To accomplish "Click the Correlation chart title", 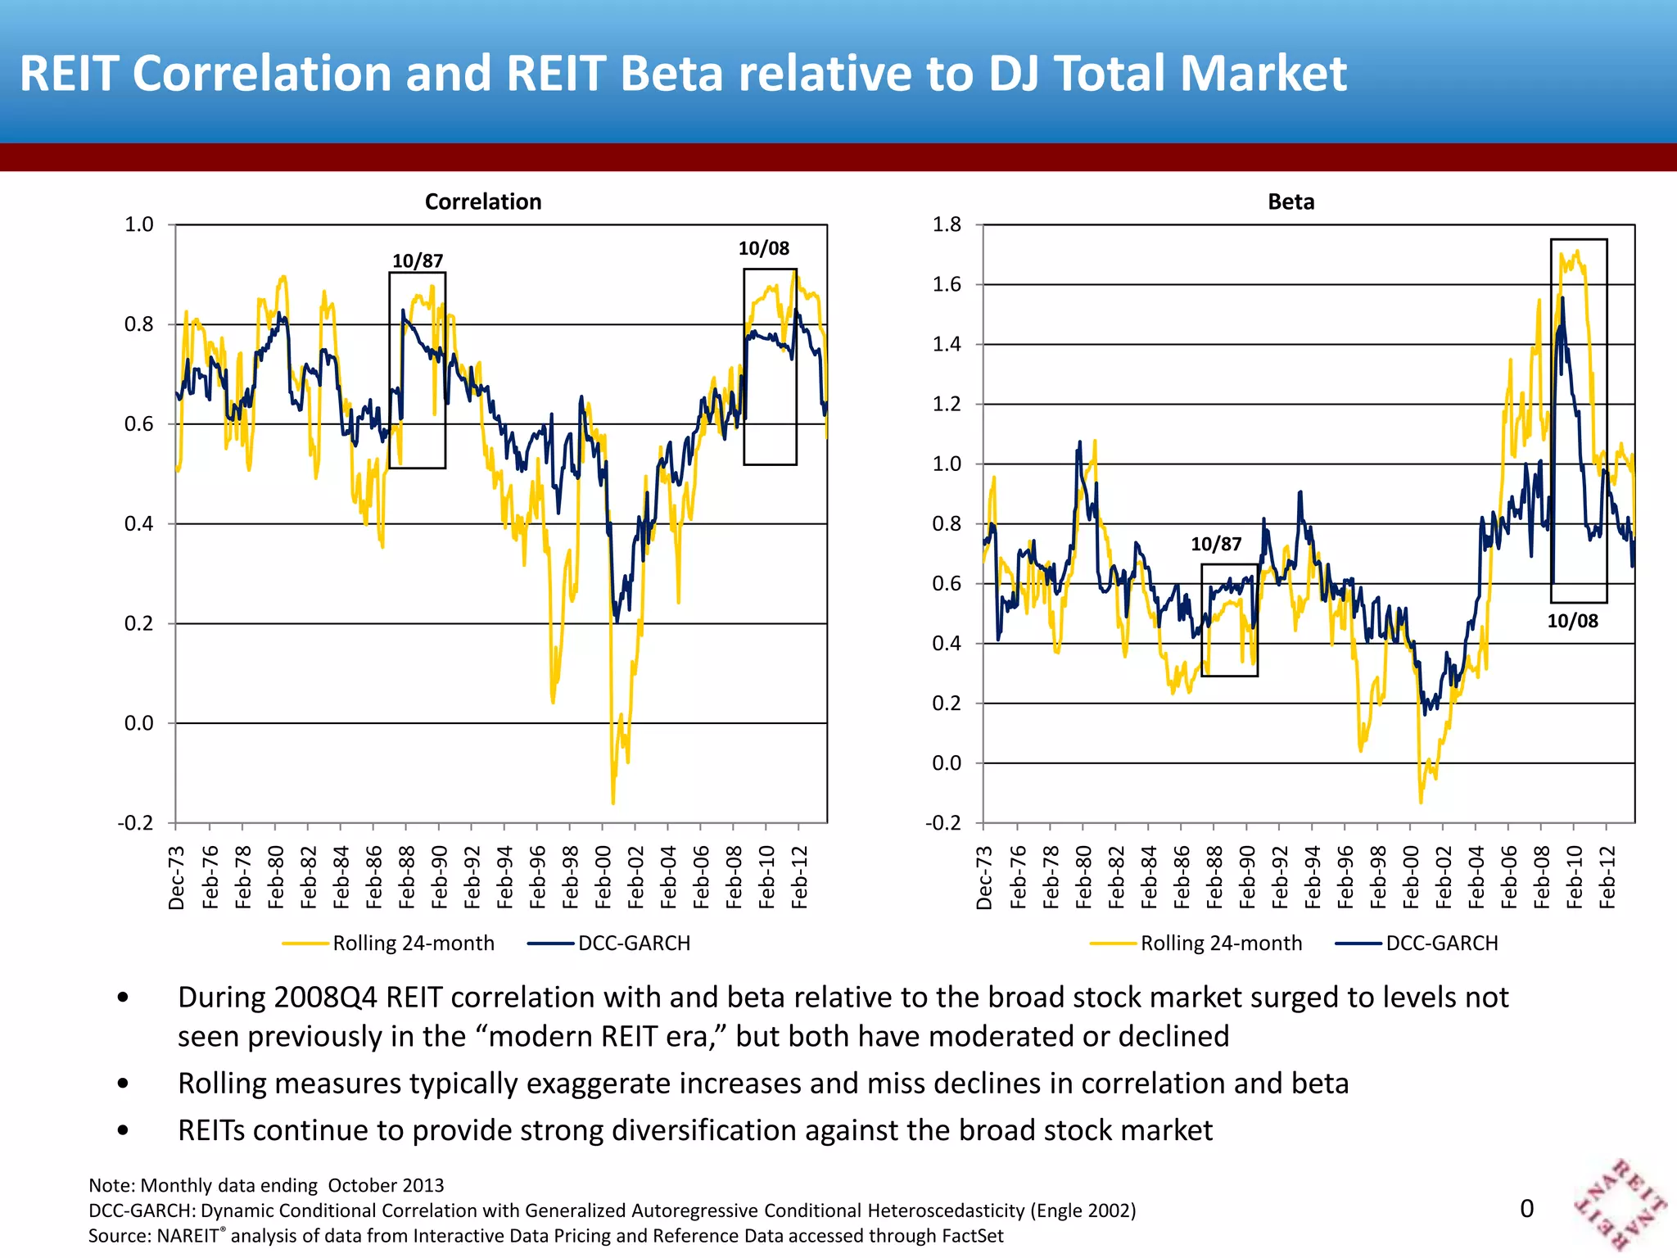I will click(x=483, y=201).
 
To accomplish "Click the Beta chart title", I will click(x=1291, y=201).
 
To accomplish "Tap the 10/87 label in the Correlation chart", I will click(x=418, y=261).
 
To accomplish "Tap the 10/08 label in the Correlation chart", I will click(x=763, y=248).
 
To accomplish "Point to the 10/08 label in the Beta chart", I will click(x=1572, y=621).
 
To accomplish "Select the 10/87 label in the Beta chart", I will click(x=1215, y=544).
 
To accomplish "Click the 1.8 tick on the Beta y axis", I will click(x=947, y=224).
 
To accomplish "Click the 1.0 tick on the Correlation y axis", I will click(x=138, y=224).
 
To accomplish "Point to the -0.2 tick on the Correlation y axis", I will click(x=135, y=822).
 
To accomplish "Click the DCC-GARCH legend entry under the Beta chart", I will click(x=1441, y=943).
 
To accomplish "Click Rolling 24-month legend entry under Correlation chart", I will click(x=413, y=943).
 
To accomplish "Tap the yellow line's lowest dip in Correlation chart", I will click(x=612, y=801).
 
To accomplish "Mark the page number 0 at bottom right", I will click(x=1526, y=1209).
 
